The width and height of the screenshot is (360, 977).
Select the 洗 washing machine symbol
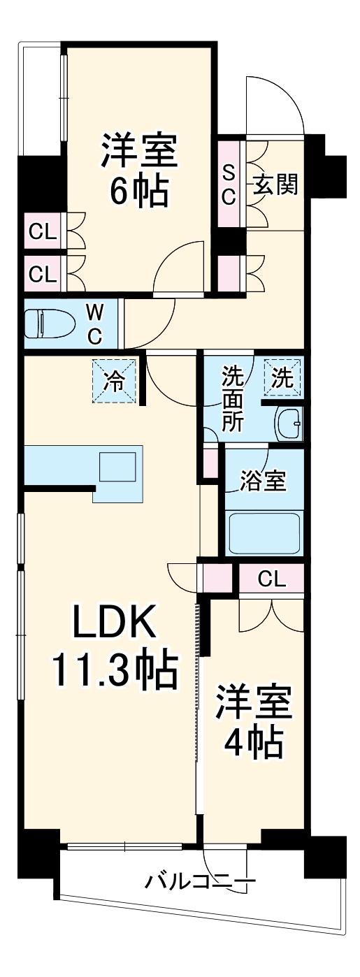[x=282, y=378]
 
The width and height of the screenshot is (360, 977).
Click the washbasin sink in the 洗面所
[x=289, y=422]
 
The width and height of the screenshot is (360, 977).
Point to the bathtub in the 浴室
[x=263, y=533]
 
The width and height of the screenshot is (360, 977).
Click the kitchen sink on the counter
[x=117, y=468]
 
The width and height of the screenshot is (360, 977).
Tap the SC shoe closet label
[x=229, y=184]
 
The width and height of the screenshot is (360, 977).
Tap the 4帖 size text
[x=253, y=743]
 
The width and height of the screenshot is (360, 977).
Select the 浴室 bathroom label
[x=263, y=481]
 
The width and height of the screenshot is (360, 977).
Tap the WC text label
[x=95, y=324]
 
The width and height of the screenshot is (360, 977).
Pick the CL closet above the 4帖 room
[x=271, y=579]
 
